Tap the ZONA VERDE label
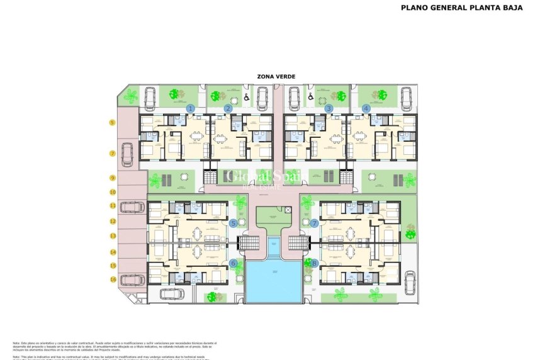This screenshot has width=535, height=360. click(276, 76)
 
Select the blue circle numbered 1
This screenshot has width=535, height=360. click(191, 108)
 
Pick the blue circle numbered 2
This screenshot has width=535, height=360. click(228, 108)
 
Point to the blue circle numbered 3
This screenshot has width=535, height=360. click(329, 108)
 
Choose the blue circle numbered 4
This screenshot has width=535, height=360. click(366, 108)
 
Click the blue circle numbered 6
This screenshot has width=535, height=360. click(234, 264)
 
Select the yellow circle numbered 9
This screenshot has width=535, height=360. click(113, 178)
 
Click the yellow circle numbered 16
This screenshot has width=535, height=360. click(113, 279)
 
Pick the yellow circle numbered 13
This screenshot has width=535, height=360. click(113, 236)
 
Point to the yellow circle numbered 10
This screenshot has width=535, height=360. click(113, 192)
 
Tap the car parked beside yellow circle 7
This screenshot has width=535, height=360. click(127, 154)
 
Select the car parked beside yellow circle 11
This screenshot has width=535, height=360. click(132, 206)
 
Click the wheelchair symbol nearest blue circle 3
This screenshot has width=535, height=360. click(312, 98)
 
